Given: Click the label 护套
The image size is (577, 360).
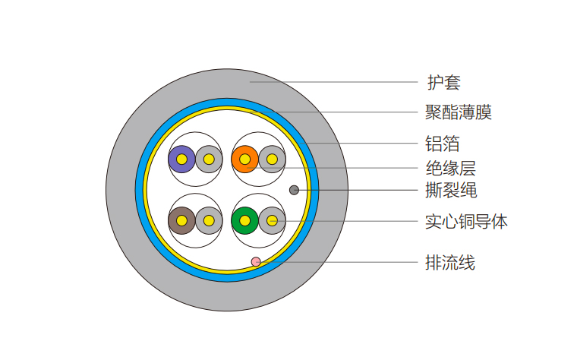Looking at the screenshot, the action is pos(444,82).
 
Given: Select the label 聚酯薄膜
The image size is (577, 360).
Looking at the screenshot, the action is pos(459,112).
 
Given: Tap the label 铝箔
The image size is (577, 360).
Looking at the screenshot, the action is pos(443,144).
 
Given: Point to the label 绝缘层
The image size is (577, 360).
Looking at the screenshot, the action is pos(451,168).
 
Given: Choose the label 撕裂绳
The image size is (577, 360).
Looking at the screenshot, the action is pos(451,191).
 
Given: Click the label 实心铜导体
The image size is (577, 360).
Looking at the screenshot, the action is pos(466,222).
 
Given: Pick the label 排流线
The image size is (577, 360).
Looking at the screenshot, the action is pos(450,263).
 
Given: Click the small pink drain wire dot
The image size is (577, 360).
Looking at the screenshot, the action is pos(256,262).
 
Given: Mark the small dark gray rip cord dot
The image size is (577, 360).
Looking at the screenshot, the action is pos(294,191).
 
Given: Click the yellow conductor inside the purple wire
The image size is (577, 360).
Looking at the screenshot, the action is pos(181,159).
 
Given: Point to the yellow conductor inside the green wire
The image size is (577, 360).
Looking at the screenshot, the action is pos(244,221).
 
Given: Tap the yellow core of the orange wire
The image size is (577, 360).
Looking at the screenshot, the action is pos(244,159).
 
